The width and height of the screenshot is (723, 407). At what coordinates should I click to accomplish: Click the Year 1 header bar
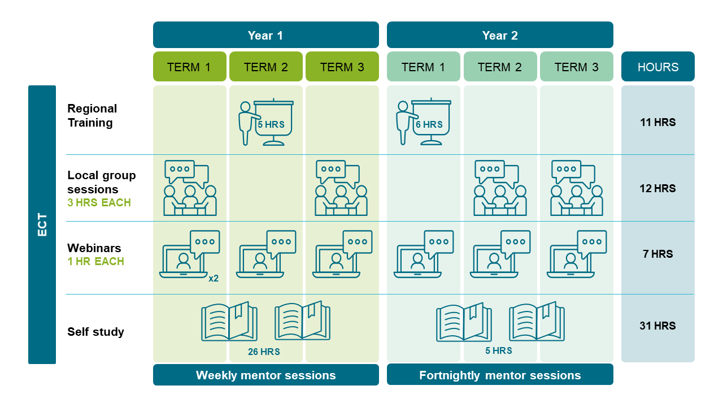tap(265, 35)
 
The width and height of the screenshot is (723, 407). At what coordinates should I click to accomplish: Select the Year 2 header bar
tap(500, 35)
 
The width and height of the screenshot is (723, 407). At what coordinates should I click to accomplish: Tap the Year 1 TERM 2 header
tap(265, 67)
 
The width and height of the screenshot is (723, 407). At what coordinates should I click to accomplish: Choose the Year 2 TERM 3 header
tap(576, 67)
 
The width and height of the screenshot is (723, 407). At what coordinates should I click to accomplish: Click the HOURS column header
tap(658, 67)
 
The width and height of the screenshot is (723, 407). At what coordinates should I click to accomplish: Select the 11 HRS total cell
tap(658, 122)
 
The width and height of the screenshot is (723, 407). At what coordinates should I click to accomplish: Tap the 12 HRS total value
tap(658, 188)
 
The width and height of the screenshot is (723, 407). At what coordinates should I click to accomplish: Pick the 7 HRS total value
tap(658, 254)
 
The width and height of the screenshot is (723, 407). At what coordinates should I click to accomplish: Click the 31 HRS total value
tap(658, 326)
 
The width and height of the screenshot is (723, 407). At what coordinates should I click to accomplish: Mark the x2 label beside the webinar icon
tap(214, 278)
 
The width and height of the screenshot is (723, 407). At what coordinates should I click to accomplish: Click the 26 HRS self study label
tap(264, 352)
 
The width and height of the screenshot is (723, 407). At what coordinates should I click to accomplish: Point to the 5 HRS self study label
tap(499, 350)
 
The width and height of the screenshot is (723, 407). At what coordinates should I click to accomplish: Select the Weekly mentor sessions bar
tap(265, 375)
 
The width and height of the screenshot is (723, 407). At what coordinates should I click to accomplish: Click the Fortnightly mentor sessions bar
tap(500, 375)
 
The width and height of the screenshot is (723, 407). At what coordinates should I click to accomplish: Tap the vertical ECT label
tap(42, 224)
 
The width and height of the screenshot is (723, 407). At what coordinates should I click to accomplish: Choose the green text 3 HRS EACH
tap(99, 202)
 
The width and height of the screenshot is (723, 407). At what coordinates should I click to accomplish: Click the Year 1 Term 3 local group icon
tap(341, 188)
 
